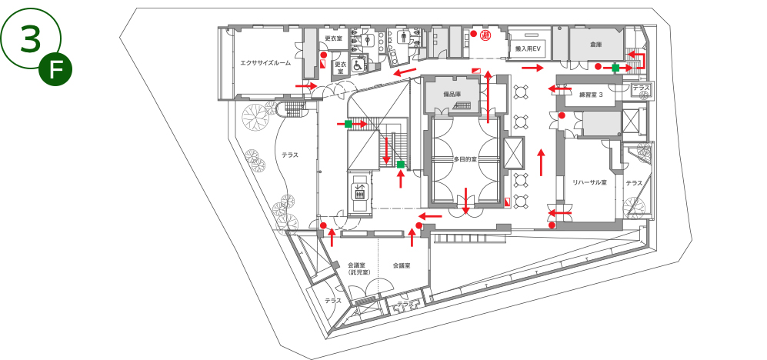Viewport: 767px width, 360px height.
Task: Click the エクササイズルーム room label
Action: (x=265, y=63)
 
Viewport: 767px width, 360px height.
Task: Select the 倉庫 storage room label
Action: (x=595, y=45)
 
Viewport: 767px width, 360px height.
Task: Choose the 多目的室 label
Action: (x=465, y=159)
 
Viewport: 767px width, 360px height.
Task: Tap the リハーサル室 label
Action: (x=589, y=182)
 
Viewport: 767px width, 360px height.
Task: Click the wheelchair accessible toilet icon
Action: (x=358, y=66)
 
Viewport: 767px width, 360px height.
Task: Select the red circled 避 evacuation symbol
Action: (x=486, y=36)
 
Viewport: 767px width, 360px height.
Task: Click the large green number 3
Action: (x=30, y=38)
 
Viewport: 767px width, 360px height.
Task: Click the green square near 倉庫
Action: (x=615, y=68)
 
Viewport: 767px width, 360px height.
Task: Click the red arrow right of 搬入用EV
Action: (x=532, y=68)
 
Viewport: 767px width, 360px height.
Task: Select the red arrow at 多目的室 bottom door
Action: (x=465, y=202)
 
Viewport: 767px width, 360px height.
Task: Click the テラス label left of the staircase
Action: (x=289, y=155)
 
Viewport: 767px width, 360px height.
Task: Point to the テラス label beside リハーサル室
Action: (x=633, y=182)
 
